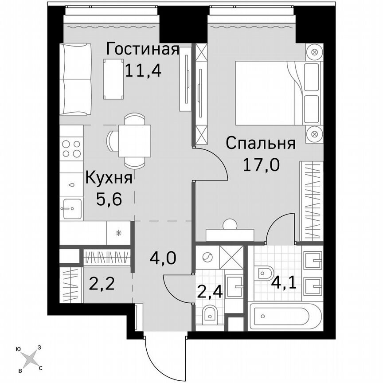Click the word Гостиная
(x=142, y=49)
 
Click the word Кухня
(x=109, y=178)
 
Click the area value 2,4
(x=208, y=292)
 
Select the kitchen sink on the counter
(x=71, y=209)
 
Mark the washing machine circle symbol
(x=207, y=256)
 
